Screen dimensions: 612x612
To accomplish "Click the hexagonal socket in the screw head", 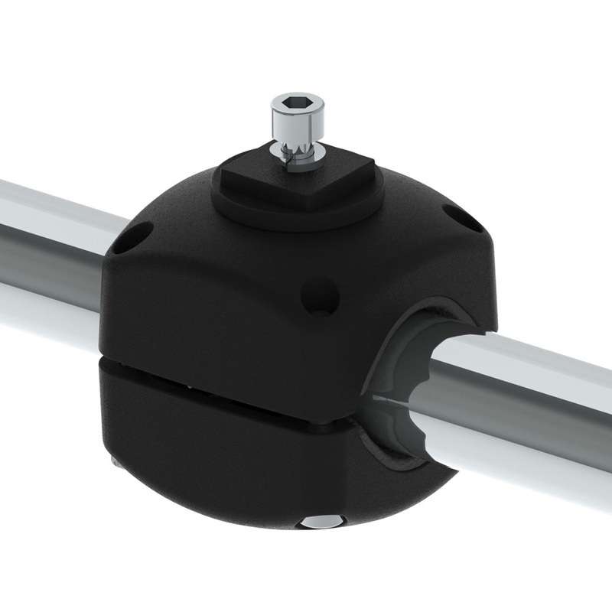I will click(x=297, y=102).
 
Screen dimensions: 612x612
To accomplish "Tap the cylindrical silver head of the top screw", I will click(x=297, y=122).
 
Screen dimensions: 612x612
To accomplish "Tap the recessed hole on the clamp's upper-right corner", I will click(x=463, y=218).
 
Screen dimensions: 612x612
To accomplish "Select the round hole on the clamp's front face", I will click(x=320, y=296).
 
